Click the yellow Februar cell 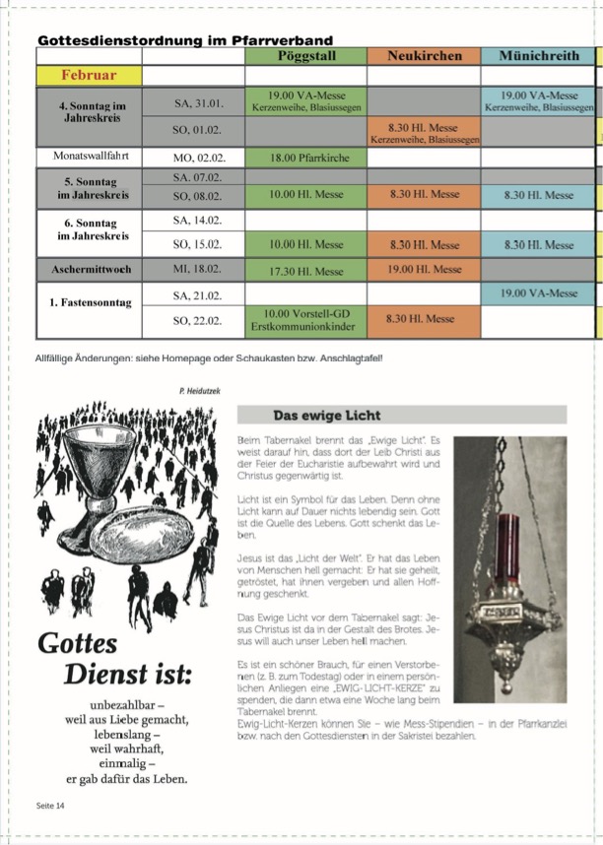89,75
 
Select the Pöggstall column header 305,56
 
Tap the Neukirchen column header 424,56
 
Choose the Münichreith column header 540,56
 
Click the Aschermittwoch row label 90,269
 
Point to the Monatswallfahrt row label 90,156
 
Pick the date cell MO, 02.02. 193,156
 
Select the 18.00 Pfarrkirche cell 305,157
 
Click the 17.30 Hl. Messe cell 305,269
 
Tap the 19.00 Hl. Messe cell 424,269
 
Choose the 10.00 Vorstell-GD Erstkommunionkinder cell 305,319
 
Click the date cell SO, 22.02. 193,320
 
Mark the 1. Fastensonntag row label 90,303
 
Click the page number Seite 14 51,806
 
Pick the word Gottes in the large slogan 78,643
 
